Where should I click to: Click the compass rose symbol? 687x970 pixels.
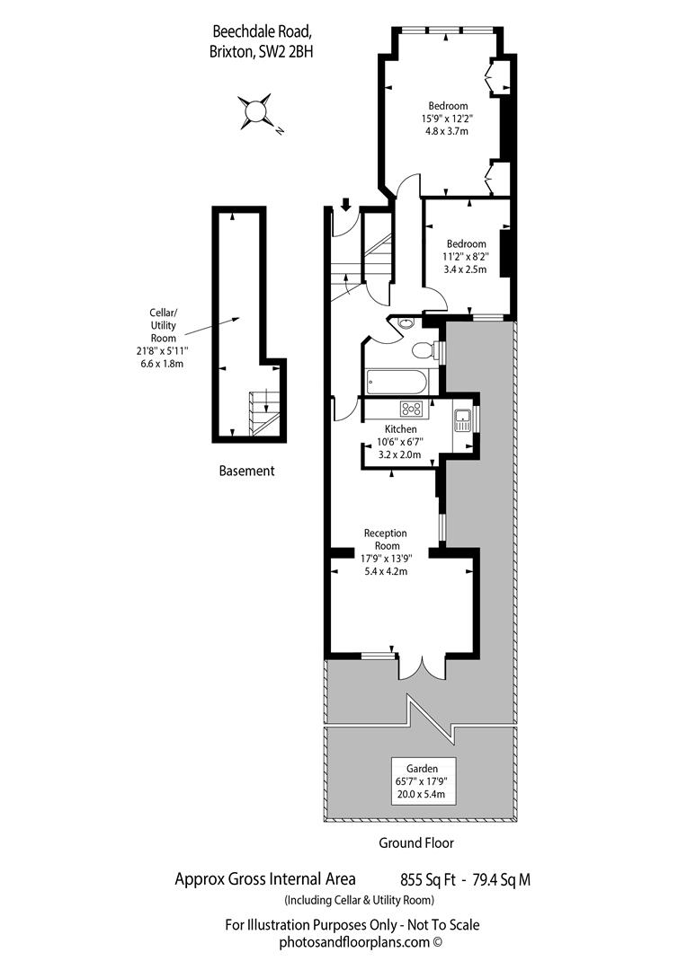[255, 111]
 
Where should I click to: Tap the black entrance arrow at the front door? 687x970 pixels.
[345, 204]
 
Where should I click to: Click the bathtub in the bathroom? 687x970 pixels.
[400, 381]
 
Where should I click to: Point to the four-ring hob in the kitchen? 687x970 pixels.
[412, 409]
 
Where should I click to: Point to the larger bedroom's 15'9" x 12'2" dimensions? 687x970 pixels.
[447, 119]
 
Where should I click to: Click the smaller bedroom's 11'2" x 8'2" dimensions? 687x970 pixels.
[466, 257]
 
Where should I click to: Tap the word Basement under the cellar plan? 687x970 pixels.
[246, 471]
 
